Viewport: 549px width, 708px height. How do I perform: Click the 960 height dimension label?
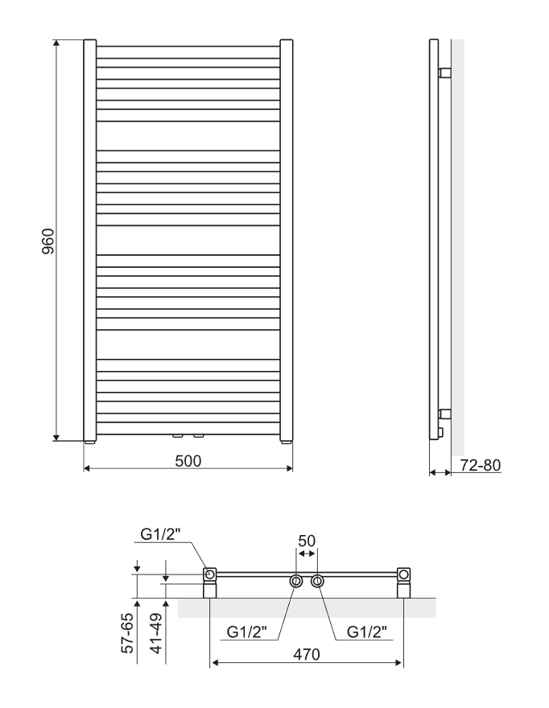coord(47,241)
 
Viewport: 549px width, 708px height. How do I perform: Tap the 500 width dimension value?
coord(188,461)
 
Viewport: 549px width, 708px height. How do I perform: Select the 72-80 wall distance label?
coord(481,465)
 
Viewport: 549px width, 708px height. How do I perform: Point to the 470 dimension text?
coord(307,654)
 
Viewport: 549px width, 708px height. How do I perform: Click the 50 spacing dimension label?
coord(307,541)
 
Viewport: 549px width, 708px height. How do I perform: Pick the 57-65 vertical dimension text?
coord(128,632)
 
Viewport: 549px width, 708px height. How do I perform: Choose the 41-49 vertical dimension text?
coord(156,632)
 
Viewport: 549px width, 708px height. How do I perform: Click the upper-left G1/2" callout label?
coord(160,534)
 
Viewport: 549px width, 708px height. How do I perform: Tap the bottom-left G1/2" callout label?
coord(246,632)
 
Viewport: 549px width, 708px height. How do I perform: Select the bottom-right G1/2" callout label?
coord(367,632)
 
